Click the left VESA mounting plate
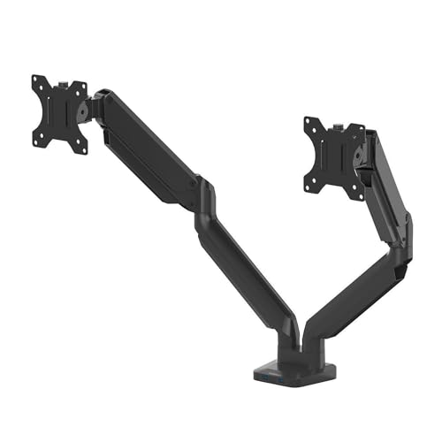click(x=60, y=113)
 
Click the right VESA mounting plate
click(x=333, y=155)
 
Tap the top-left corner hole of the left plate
click(x=38, y=81)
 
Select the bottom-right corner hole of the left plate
click(x=83, y=148)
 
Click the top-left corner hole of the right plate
click(x=309, y=123)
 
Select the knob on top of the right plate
click(x=340, y=117)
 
